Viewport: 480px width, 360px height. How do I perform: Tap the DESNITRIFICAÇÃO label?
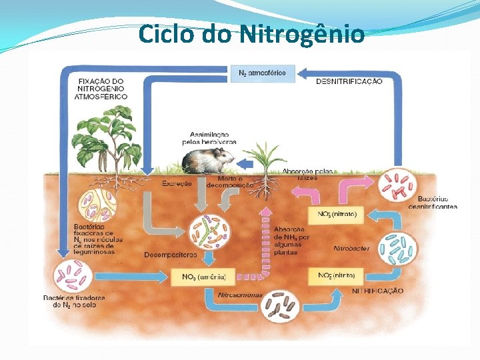pos(349,81)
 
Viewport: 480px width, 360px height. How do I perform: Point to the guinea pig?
pos(208,161)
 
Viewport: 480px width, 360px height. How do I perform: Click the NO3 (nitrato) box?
pos(337,215)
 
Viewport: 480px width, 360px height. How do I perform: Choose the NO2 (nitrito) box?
pos(336,275)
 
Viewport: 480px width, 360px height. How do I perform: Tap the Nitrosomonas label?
pos(241,294)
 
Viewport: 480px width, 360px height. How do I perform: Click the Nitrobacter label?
pos(351,248)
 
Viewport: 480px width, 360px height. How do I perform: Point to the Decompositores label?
pos(170,255)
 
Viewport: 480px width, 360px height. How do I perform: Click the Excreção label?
pos(176,183)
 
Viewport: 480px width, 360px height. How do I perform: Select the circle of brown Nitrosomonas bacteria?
pos(280,305)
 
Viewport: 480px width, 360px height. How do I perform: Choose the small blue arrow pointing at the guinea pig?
pos(245,163)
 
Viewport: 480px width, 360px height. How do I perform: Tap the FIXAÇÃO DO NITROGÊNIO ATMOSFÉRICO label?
pos(101,89)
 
